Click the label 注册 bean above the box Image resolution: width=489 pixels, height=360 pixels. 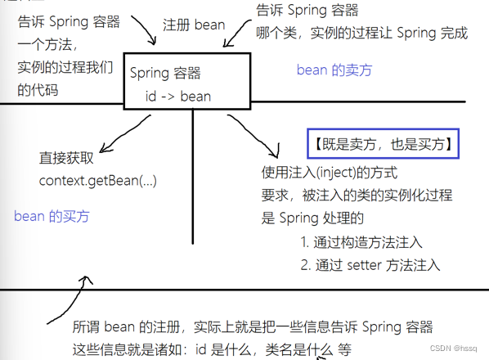click(x=194, y=25)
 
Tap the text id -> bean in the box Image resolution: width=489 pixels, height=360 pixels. click(x=178, y=96)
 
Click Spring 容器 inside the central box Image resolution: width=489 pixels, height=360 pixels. click(x=165, y=73)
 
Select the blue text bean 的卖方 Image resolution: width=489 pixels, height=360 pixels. click(x=334, y=70)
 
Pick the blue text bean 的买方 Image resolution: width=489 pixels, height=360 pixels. click(x=52, y=216)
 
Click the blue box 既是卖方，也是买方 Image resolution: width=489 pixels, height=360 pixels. click(x=383, y=143)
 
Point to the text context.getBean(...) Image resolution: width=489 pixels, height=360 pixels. click(x=97, y=181)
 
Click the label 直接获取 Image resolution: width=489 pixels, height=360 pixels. click(x=66, y=158)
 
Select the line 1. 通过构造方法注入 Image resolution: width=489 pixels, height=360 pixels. click(x=361, y=242)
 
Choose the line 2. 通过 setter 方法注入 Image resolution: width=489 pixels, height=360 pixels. click(x=370, y=265)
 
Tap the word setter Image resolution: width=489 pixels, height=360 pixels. click(x=364, y=265)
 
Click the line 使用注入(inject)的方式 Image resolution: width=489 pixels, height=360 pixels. click(x=330, y=172)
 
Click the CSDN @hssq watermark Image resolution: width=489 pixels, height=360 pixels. click(x=454, y=349)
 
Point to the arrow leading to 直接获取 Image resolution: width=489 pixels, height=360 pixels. click(x=124, y=133)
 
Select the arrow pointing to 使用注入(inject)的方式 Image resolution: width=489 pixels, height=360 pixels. click(x=254, y=134)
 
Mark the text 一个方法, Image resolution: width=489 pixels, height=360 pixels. click(x=47, y=44)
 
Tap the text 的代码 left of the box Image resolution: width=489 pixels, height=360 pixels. click(x=38, y=90)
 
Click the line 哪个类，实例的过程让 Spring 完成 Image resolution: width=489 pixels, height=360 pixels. click(x=361, y=33)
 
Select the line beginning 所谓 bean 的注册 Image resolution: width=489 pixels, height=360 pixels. click(x=253, y=327)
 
